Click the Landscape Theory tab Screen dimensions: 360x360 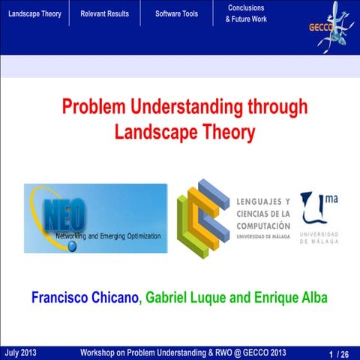click(34, 13)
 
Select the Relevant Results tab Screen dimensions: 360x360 click(104, 13)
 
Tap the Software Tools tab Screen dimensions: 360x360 click(176, 13)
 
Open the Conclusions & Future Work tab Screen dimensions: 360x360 click(245, 13)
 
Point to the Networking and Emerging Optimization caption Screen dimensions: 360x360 click(109, 236)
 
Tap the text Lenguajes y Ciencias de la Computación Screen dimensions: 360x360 click(262, 214)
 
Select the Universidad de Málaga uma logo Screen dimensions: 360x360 click(319, 217)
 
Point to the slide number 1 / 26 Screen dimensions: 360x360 click(339, 353)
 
